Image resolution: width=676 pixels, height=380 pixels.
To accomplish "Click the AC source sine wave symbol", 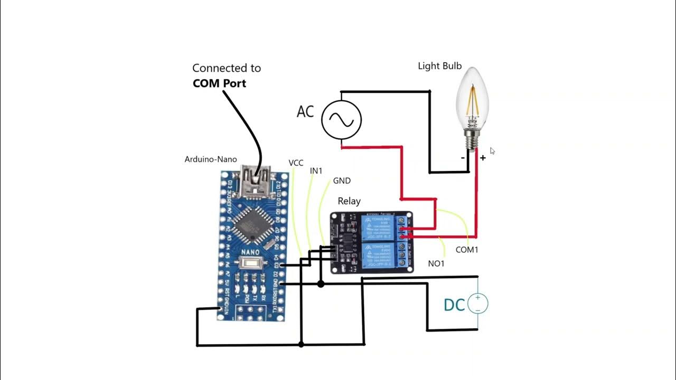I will tap(342, 120).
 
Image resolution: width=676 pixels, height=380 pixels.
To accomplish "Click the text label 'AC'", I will tap(305, 112).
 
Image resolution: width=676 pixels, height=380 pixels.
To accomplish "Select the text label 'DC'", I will tap(454, 305).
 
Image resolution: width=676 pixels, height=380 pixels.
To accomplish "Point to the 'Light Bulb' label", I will tap(440, 66).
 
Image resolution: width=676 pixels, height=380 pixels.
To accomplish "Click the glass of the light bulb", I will tap(473, 100).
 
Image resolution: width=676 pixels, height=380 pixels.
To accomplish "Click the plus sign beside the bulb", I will tap(483, 158).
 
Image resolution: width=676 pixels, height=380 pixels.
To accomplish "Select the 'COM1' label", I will tap(467, 250).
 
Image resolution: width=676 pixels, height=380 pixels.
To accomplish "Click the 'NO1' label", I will tap(436, 263).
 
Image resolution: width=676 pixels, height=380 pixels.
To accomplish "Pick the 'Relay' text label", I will tap(349, 201).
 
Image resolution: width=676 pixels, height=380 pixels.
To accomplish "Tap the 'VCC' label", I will tap(296, 163).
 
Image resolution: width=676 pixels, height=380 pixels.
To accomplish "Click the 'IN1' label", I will tap(316, 170).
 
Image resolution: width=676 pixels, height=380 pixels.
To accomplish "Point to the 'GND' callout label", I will tap(342, 180).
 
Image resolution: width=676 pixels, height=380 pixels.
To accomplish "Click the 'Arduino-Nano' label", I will tap(211, 159).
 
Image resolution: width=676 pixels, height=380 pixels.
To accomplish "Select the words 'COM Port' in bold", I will tap(219, 83).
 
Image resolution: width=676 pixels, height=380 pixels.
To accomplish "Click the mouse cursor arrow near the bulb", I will tap(492, 151).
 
